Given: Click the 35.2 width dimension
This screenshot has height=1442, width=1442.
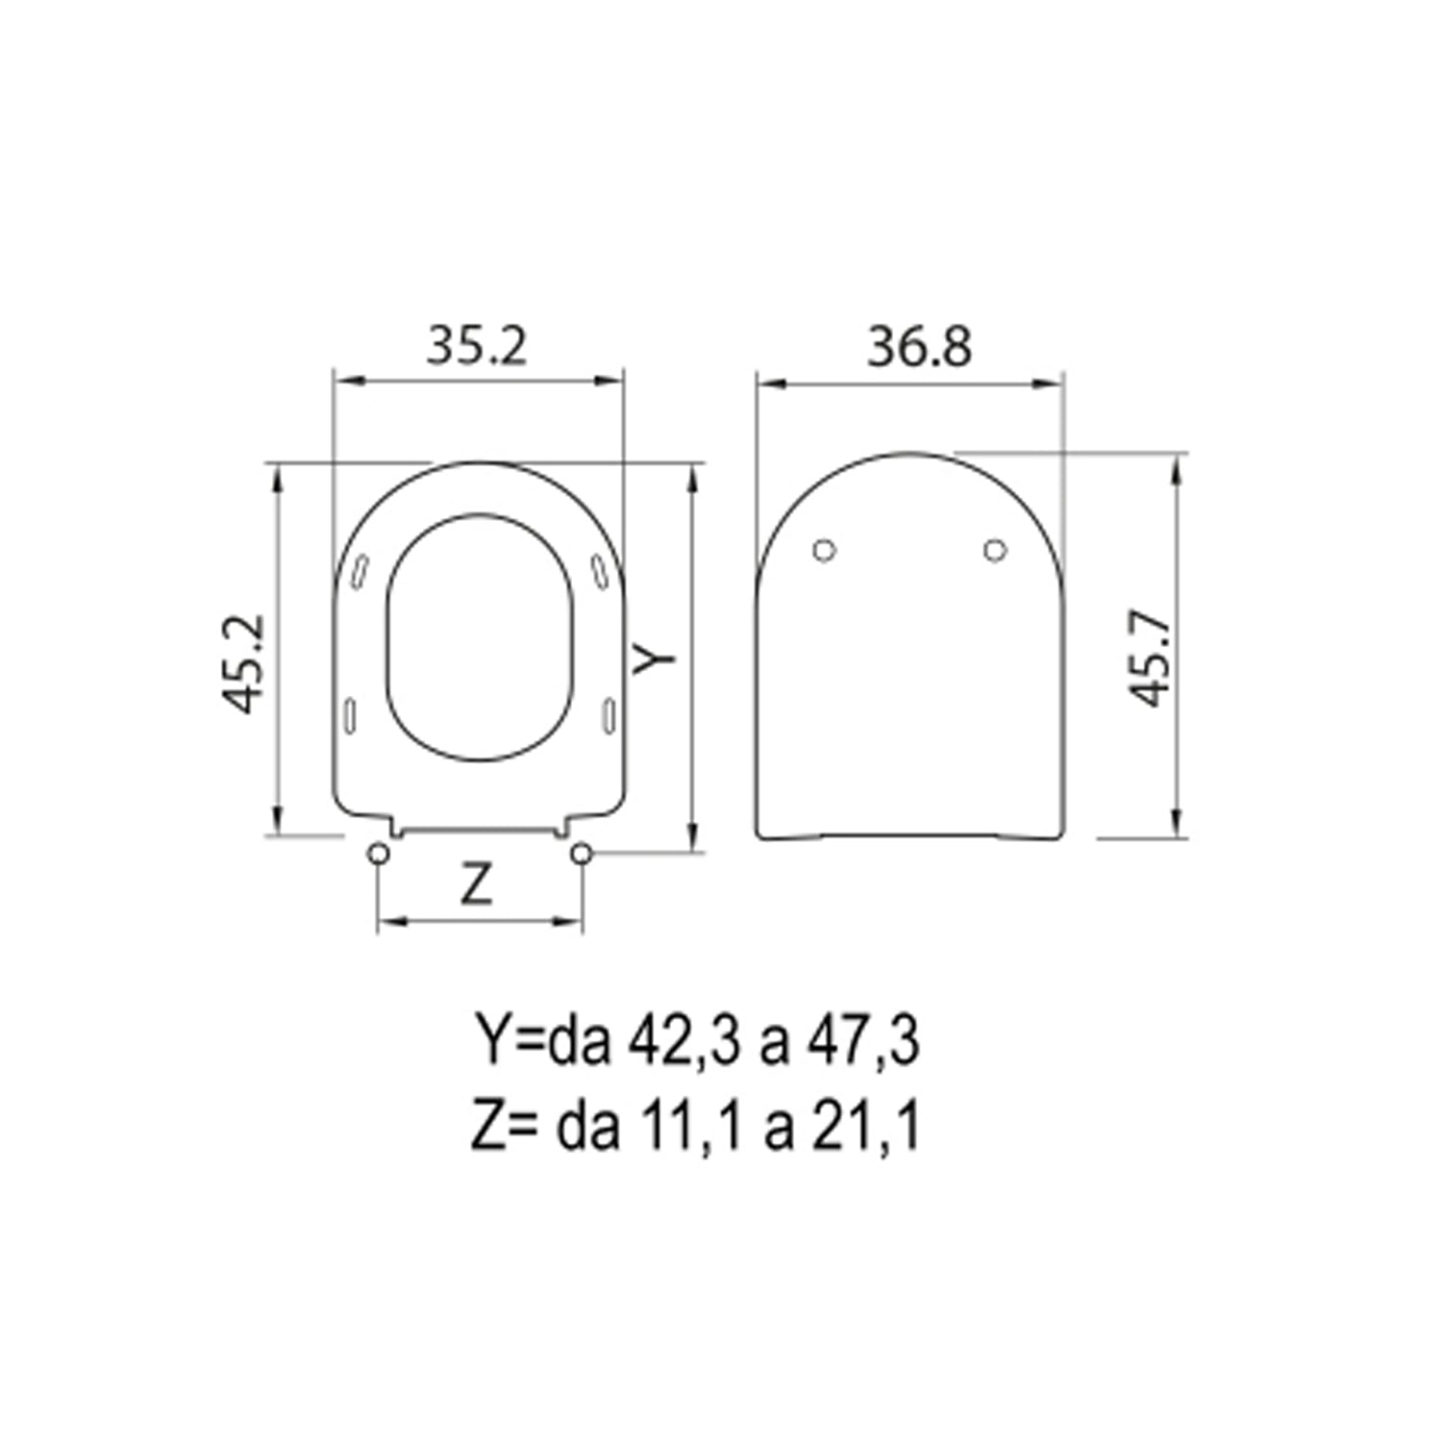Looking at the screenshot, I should pyautogui.click(x=477, y=346).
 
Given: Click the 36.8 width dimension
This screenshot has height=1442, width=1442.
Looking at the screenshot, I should pyautogui.click(x=919, y=346).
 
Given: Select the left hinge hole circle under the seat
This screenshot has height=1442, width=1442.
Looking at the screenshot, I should pyautogui.click(x=379, y=854).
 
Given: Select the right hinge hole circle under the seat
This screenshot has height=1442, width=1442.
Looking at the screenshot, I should pyautogui.click(x=581, y=854).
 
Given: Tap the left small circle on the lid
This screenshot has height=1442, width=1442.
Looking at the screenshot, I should pyautogui.click(x=824, y=550).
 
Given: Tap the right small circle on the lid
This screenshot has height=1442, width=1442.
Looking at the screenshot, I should pyautogui.click(x=995, y=550).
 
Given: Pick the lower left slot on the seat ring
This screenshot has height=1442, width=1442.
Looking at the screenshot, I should pyautogui.click(x=351, y=716).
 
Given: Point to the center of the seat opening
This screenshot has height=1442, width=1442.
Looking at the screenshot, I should pyautogui.click(x=480, y=639).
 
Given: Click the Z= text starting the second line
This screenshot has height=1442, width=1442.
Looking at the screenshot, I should pyautogui.click(x=502, y=1127).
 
